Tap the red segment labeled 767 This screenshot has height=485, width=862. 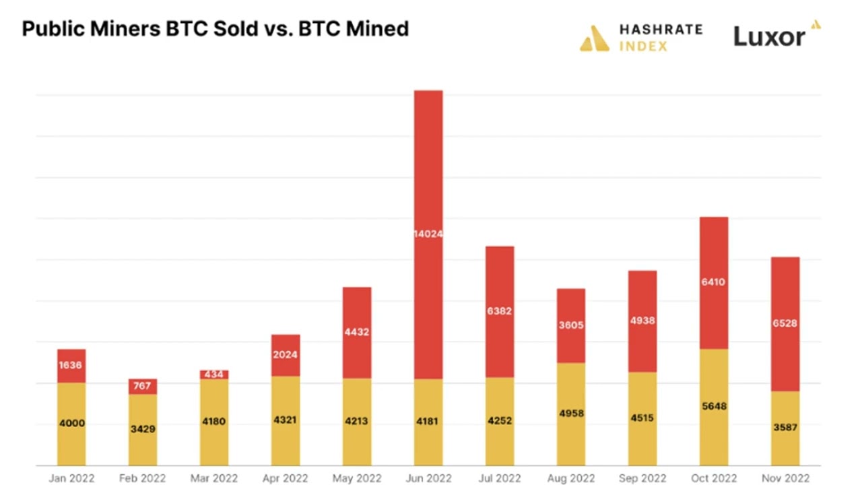pos(143,386)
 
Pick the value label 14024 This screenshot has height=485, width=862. pos(428,234)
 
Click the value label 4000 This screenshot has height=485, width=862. pos(71,423)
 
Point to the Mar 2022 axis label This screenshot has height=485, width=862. pos(214,478)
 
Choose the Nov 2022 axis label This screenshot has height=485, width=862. pos(785,478)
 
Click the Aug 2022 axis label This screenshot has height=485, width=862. pos(571,478)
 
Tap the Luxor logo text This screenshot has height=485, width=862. pos(769,36)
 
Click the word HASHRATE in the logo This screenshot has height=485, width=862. pos(661,30)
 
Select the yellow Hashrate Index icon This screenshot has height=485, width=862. pos(594,38)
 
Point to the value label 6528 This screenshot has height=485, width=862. pos(785,323)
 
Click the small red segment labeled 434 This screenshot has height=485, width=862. pos(214,375)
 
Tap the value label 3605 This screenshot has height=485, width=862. pos(571,325)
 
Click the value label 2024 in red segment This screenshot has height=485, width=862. pos(286,354)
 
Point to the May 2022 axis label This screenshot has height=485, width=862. pos(357,478)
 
